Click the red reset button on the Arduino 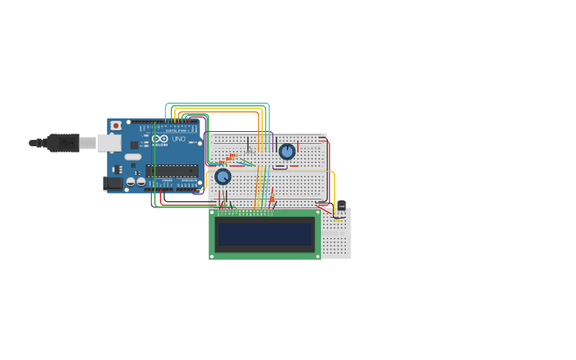point(116,126)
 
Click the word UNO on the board point(178,139)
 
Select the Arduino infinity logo point(160,139)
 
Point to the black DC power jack point(113,183)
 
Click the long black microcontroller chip point(172,171)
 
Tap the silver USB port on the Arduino point(109,143)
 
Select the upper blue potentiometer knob point(287,151)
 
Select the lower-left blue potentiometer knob point(223,176)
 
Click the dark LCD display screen point(265,234)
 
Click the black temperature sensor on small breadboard point(342,207)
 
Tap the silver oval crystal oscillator point(133,157)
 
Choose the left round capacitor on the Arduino point(131,181)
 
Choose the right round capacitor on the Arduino point(141,181)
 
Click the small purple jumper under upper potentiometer point(280,168)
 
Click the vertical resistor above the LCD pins point(272,196)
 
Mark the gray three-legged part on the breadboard point(249,148)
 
